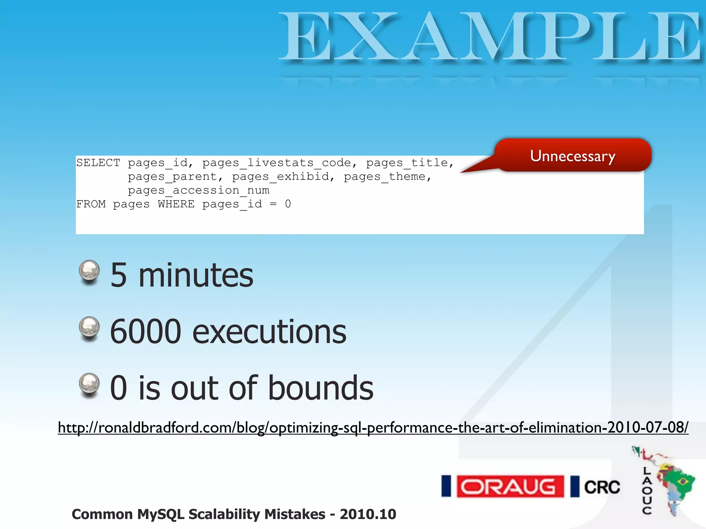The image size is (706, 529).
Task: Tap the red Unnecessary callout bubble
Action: coord(572,156)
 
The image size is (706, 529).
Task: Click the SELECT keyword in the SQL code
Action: coord(98,163)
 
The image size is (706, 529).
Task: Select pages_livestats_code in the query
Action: coord(276,163)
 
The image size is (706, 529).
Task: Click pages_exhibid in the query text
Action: coord(281,177)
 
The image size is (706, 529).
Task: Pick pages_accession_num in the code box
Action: coord(199,190)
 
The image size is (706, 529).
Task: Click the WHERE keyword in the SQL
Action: coord(176,204)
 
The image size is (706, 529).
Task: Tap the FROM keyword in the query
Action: coord(91,204)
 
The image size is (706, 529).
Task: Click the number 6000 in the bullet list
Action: coord(145,332)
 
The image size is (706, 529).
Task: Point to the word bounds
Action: coord(321,388)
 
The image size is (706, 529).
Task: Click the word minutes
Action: coord(196,276)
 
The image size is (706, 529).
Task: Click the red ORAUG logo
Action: coord(510,487)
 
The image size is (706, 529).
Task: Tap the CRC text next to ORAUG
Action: coord(602,487)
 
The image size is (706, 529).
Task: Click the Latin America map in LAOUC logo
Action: coord(672,482)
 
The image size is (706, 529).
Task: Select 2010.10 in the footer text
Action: coord(368,514)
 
